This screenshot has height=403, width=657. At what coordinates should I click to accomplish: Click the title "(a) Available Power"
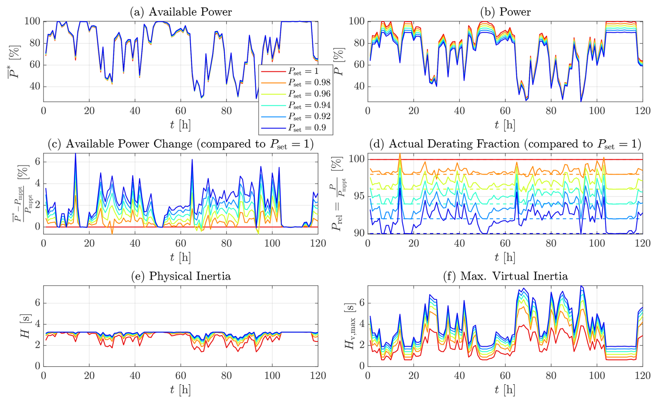click(x=181, y=12)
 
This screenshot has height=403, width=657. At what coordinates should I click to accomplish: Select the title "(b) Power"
click(x=505, y=12)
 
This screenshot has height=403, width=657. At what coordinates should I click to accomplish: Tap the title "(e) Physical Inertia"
click(x=181, y=276)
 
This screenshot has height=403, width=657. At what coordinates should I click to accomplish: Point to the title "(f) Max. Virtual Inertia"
click(x=505, y=276)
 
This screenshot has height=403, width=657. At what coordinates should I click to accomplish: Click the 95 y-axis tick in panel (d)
click(x=358, y=196)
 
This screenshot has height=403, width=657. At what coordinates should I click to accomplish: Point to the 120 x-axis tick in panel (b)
click(x=642, y=111)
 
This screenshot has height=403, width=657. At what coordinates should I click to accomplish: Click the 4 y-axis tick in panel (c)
click(x=37, y=184)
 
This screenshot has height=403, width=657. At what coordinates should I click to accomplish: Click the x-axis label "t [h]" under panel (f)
click(x=505, y=390)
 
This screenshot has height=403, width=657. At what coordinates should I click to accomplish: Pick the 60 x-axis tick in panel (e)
click(x=181, y=376)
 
